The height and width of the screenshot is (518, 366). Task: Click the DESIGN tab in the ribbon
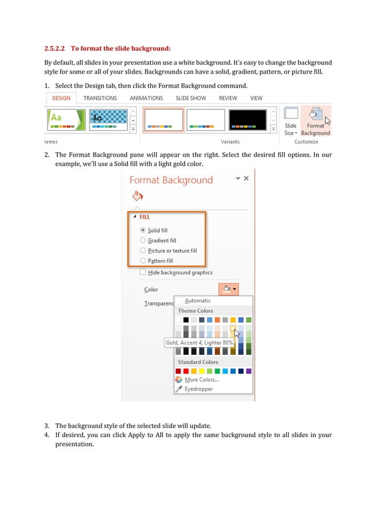(x=61, y=98)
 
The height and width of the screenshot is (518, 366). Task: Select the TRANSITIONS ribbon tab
(x=100, y=98)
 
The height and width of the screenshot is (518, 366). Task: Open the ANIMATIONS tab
(x=146, y=98)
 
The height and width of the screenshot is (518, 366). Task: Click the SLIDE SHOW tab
(x=190, y=98)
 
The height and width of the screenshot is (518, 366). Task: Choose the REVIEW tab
(x=228, y=98)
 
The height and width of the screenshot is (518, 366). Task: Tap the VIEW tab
(x=256, y=98)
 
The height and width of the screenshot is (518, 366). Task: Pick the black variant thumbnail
(x=247, y=120)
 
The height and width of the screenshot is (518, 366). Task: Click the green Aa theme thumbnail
(x=65, y=120)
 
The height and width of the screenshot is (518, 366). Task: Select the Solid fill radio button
(x=143, y=230)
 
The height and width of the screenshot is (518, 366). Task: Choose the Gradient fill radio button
(x=143, y=241)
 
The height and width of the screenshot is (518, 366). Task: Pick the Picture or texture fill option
(x=143, y=251)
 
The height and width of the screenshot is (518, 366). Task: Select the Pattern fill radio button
(x=143, y=261)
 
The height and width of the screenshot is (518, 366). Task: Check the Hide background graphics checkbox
(x=143, y=272)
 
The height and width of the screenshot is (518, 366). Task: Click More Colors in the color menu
(x=201, y=380)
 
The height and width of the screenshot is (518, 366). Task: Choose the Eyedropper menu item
(x=198, y=389)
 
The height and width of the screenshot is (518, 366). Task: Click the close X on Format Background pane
(x=246, y=179)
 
